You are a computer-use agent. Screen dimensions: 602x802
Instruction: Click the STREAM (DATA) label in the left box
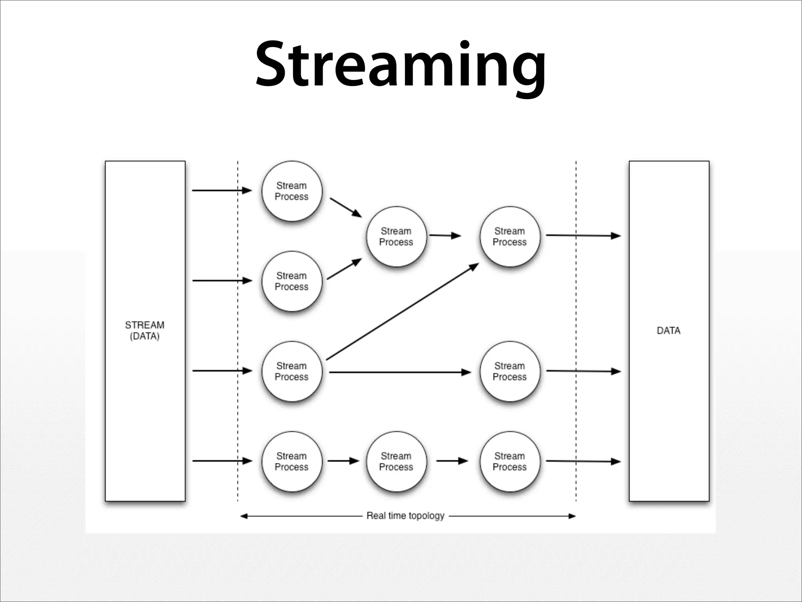(x=145, y=330)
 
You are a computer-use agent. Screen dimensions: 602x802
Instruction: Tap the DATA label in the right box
(x=668, y=330)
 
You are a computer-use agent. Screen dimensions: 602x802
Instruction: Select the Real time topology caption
(x=405, y=515)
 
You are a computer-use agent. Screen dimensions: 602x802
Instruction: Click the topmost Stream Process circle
(x=292, y=191)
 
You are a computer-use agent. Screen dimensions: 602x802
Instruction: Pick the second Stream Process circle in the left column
(x=292, y=281)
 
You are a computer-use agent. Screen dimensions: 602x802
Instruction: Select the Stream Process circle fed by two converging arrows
(x=396, y=236)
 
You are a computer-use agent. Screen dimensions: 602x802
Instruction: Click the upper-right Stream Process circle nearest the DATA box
(x=509, y=236)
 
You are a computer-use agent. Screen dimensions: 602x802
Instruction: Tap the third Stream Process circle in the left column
(x=292, y=371)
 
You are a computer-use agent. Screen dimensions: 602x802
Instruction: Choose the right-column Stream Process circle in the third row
(x=509, y=371)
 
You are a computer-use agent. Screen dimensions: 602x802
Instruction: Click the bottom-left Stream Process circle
(x=292, y=461)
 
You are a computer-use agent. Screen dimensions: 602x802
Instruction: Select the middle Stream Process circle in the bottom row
(x=396, y=461)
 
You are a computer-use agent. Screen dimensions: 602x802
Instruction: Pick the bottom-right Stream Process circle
(x=509, y=461)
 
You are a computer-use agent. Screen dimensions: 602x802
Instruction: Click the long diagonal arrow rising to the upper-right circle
(x=402, y=312)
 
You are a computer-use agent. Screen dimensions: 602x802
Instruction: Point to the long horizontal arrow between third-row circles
(x=399, y=372)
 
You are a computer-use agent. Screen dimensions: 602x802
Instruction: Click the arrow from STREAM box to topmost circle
(x=221, y=190)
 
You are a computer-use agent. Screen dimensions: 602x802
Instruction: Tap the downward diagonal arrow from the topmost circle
(x=345, y=207)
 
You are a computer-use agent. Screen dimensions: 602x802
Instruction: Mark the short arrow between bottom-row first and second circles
(x=343, y=461)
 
